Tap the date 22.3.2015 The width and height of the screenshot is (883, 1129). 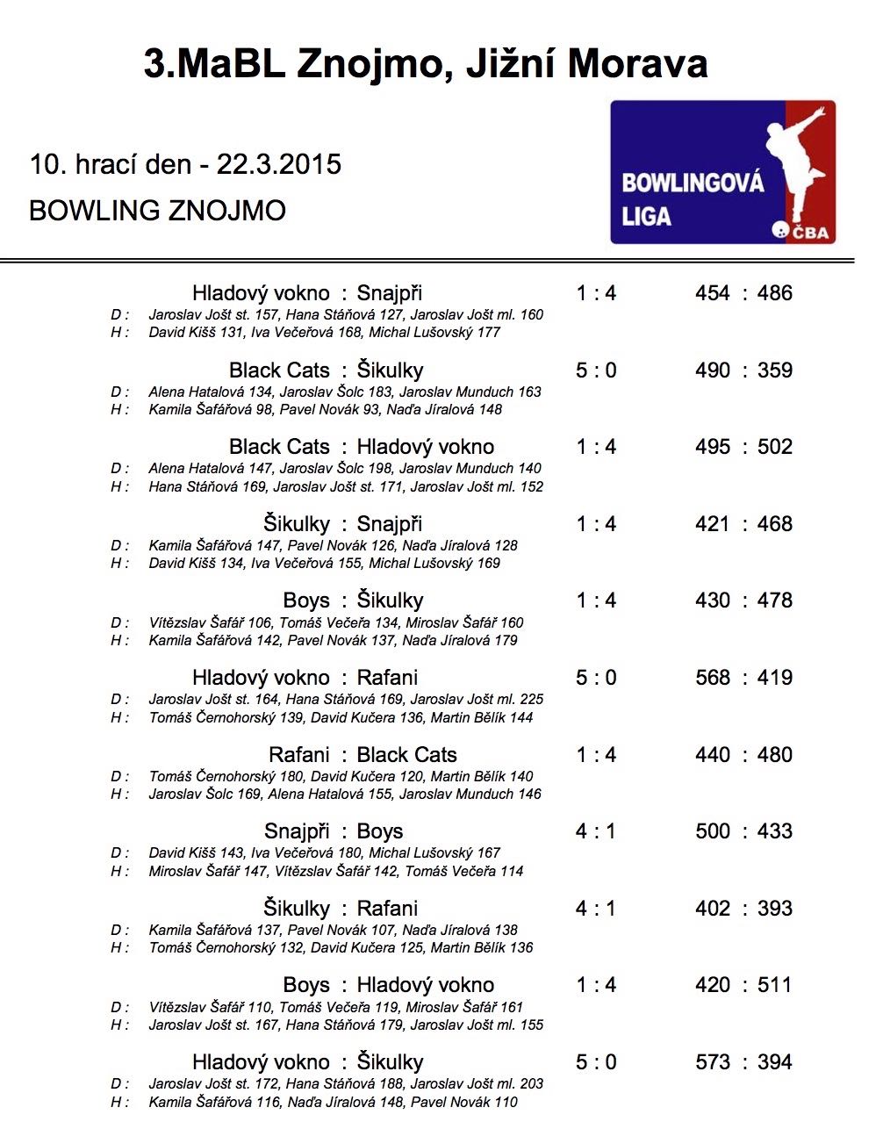[279, 164]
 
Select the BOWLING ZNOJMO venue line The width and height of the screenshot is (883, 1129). [157, 211]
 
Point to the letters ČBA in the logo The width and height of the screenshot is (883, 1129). [811, 233]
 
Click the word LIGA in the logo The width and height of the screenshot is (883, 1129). [647, 216]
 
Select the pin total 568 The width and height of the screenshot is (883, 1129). [713, 678]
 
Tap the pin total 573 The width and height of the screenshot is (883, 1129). [713, 1062]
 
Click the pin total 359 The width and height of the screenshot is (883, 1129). [775, 370]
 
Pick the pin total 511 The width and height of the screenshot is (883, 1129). [774, 985]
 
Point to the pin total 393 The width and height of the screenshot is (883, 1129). [775, 909]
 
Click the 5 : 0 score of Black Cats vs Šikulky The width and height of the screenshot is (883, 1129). [596, 370]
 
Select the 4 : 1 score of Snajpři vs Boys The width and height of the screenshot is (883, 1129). [596, 831]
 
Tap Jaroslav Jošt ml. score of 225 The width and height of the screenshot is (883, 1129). [532, 700]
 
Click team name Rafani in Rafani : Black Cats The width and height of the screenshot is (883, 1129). [299, 755]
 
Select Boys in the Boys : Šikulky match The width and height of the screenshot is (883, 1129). [306, 601]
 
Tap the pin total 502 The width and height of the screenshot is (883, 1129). [775, 447]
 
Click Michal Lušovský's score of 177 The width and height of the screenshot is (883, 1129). [488, 333]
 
